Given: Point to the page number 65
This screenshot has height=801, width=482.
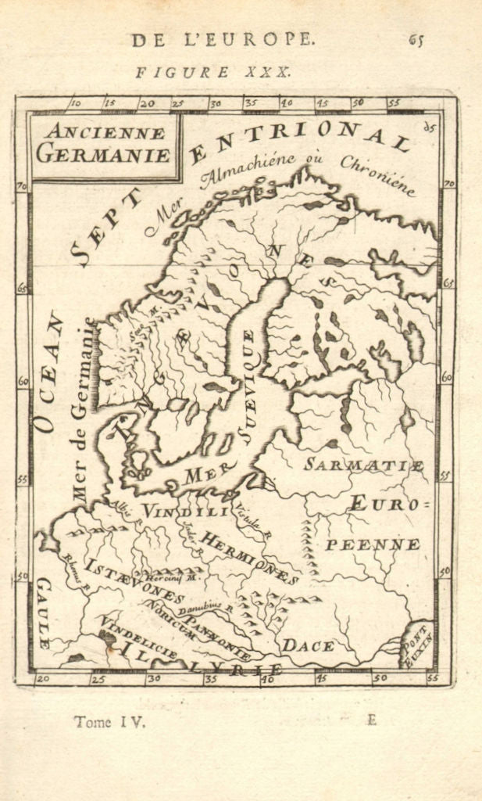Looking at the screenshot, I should click(x=416, y=41).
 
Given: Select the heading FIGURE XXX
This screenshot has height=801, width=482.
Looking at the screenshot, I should click(x=213, y=72).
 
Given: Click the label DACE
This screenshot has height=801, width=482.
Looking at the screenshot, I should click(x=308, y=645).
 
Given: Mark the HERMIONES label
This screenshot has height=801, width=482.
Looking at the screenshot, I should click(x=248, y=556).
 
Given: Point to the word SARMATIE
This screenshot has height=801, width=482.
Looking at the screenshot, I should click(x=364, y=465).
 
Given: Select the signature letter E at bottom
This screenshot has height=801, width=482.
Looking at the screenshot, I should click(x=372, y=720).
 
